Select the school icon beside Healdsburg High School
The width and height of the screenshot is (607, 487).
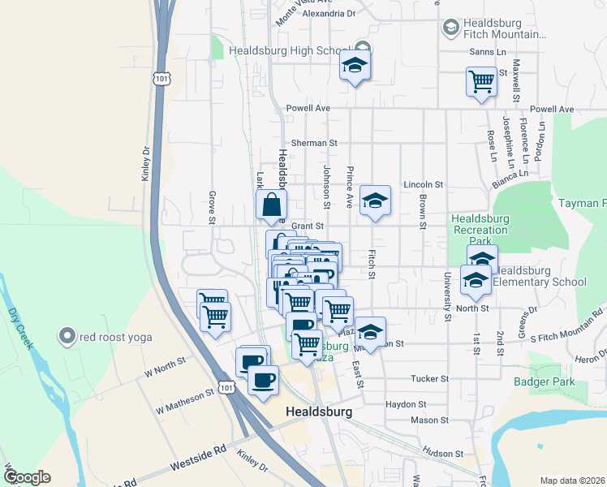pyautogui.click(x=355, y=66)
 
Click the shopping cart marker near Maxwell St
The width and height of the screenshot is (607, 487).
pyautogui.click(x=481, y=82)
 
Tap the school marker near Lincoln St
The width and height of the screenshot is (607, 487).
pyautogui.click(x=375, y=201)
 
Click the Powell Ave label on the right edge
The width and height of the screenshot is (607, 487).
pyautogui.click(x=551, y=110)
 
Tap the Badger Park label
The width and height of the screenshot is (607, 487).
pyautogui.click(x=544, y=381)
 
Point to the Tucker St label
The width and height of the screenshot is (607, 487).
pyautogui.click(x=430, y=379)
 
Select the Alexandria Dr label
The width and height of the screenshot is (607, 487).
pyautogui.click(x=329, y=14)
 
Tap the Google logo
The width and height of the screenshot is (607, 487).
pyautogui.click(x=27, y=477)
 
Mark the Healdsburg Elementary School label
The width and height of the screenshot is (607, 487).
pyautogui.click(x=540, y=276)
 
